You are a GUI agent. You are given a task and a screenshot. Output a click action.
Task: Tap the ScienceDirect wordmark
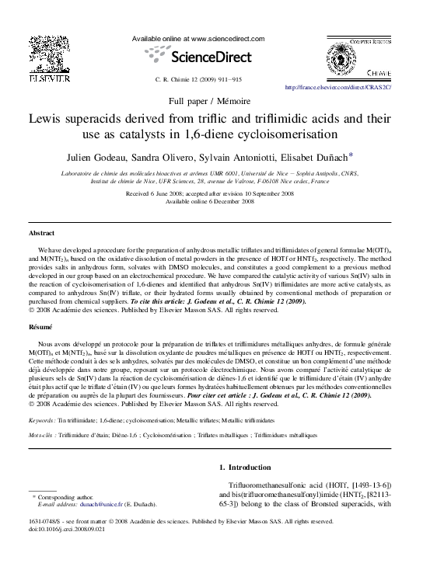[x=211, y=57]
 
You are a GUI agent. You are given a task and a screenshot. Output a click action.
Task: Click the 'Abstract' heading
[x=42, y=232]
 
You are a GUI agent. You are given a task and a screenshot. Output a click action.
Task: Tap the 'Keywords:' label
[x=44, y=421]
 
